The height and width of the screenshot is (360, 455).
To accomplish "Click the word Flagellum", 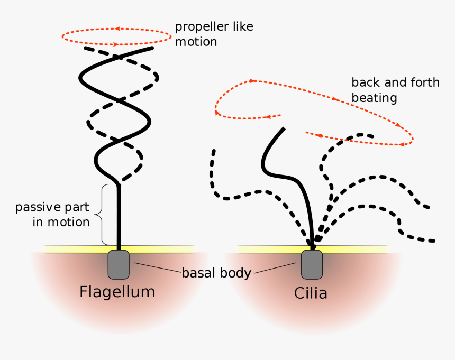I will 117,292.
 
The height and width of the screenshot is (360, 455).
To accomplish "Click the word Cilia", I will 311,293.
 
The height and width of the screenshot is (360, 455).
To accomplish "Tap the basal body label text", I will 216,273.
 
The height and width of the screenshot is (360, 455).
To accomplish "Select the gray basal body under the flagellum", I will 119,265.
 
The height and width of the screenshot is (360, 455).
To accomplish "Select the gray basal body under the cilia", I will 312,265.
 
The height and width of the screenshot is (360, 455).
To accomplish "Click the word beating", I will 374,98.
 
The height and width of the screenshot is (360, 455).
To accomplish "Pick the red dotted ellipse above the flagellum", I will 116,36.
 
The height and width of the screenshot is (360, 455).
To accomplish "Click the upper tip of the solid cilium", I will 284,129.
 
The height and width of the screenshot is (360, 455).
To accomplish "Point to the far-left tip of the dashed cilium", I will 214,151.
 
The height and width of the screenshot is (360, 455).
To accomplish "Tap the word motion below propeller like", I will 196,42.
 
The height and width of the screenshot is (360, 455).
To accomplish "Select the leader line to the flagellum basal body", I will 157,267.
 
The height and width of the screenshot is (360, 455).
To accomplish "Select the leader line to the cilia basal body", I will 274,269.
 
